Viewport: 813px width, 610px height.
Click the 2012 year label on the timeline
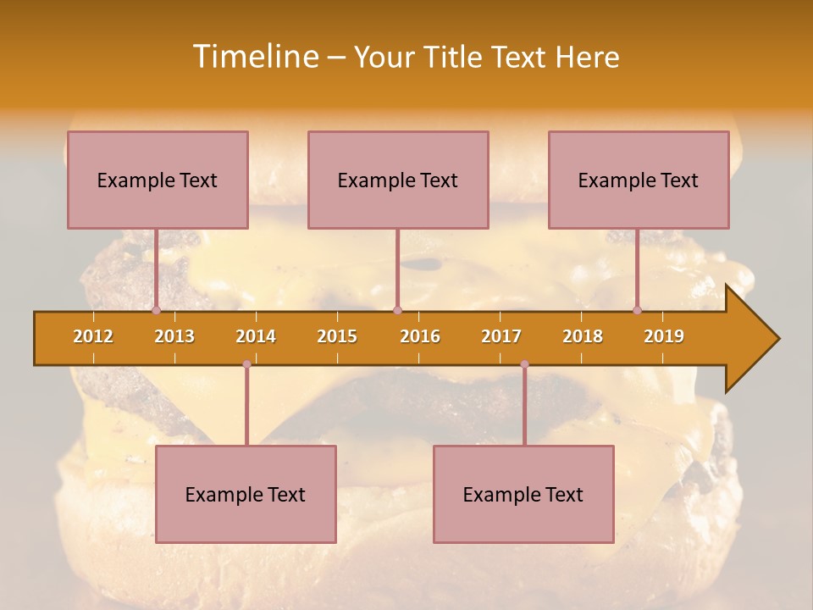[93, 336]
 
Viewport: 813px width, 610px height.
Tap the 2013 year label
[174, 336]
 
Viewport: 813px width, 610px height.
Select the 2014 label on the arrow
[256, 336]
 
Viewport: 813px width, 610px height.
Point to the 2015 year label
[337, 336]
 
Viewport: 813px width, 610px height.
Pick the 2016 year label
[420, 336]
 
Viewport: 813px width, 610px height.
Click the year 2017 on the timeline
[501, 336]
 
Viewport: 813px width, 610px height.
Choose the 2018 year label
[583, 336]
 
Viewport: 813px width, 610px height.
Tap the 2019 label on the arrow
[664, 336]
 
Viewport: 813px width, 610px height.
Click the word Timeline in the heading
[255, 57]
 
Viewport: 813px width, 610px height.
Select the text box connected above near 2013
[158, 180]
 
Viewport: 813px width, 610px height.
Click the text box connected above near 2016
[398, 180]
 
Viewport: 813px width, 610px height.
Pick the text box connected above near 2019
[639, 180]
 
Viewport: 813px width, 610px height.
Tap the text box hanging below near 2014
[246, 494]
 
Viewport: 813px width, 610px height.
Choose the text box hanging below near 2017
[523, 494]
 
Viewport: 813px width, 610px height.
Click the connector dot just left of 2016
[398, 311]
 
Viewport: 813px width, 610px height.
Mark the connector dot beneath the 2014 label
[246, 364]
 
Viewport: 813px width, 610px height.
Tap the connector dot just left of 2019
[638, 311]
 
